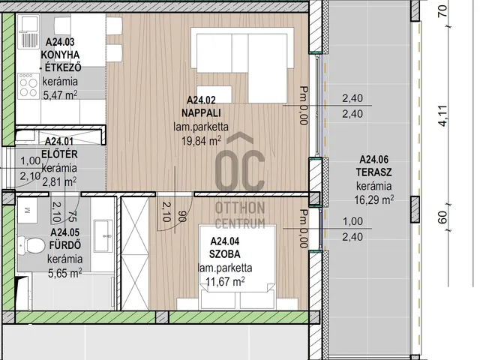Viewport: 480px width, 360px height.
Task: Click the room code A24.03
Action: coord(60,42)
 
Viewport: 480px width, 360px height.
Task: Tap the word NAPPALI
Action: coord(201,113)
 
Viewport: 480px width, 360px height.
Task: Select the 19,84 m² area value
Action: coord(201,141)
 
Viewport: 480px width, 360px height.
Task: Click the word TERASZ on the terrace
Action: coord(373,172)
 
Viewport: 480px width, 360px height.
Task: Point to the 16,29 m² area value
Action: coord(373,200)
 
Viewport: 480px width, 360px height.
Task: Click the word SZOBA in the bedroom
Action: coord(225,254)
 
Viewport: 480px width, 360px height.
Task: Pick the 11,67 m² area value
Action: coord(225,281)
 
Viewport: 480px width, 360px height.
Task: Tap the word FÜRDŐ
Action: coord(65,245)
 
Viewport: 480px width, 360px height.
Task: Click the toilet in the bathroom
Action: coord(31,245)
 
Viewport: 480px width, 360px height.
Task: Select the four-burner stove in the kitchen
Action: coord(28,86)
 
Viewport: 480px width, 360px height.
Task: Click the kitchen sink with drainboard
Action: coord(28,32)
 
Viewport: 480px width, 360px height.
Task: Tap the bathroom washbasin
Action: coord(103,236)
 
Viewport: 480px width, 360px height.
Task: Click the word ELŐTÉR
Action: coord(59,154)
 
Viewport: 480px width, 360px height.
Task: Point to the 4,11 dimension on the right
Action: coord(443,115)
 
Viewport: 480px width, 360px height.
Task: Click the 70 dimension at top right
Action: coord(443,11)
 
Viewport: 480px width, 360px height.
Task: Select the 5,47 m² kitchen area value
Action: coord(60,95)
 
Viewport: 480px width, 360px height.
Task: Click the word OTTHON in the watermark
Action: coord(240,208)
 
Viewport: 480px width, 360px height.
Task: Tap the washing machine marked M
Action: coord(27,210)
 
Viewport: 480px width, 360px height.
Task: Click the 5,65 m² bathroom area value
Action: coord(65,272)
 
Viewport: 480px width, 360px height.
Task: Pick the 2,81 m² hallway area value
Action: coord(59,181)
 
